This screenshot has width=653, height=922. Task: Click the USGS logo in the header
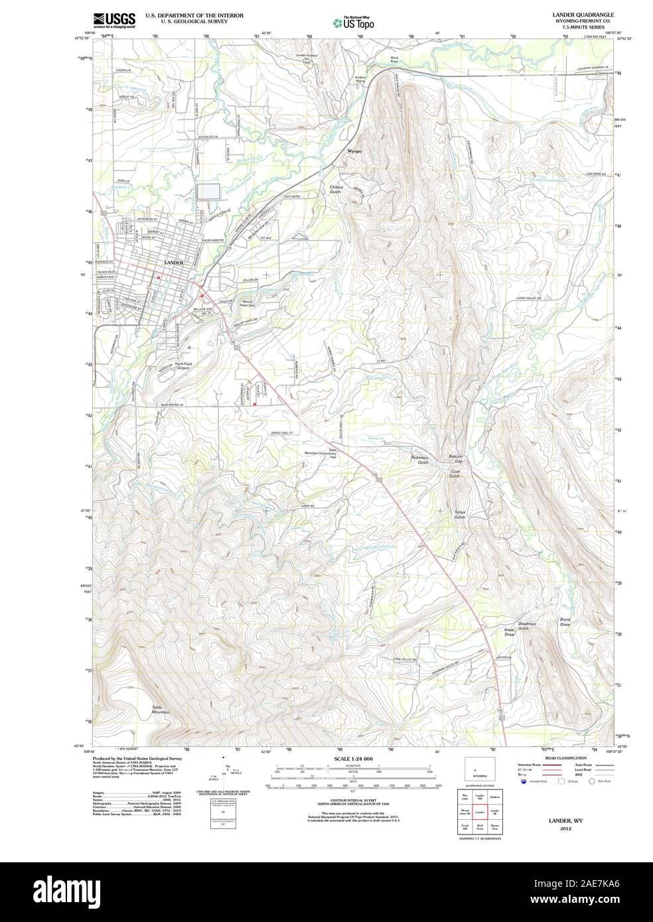(113, 21)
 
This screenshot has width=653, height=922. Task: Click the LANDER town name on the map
(173, 263)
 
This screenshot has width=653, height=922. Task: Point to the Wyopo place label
(355, 151)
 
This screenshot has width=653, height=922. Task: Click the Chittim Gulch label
(336, 190)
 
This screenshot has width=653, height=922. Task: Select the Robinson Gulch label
(420, 460)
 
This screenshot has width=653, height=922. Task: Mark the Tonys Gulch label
(460, 514)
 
